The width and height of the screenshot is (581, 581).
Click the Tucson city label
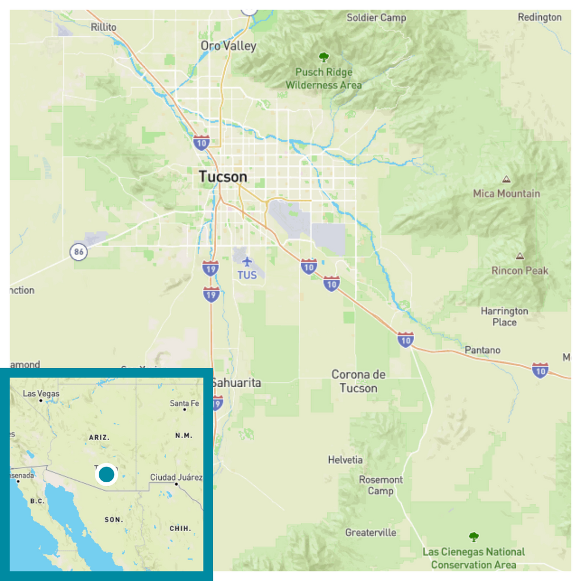[x=223, y=176]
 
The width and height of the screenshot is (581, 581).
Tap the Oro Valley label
[x=228, y=46]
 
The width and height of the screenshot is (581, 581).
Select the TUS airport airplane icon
[x=247, y=262]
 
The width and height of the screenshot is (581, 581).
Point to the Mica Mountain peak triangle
[x=506, y=179]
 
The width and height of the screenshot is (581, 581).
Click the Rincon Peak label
[x=520, y=270]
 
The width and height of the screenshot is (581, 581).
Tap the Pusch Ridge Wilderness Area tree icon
[x=323, y=57]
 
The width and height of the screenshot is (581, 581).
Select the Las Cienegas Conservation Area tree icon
[x=473, y=536]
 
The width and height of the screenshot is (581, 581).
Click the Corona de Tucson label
[x=358, y=381]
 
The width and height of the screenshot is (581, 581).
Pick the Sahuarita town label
[x=237, y=383]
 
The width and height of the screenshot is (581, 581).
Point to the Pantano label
[x=482, y=350]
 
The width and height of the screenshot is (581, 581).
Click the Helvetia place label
[x=345, y=460]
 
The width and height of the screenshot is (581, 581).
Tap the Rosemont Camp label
[x=381, y=485]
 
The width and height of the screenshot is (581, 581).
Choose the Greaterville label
[x=371, y=532]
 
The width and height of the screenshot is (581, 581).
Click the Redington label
[x=539, y=17]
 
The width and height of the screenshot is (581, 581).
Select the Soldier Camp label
[x=376, y=18]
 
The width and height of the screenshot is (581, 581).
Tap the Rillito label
[x=103, y=27]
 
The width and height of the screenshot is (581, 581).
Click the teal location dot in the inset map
[x=106, y=474]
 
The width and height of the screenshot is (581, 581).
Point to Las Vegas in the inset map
[x=41, y=394]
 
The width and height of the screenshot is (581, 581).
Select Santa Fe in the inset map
[x=184, y=403]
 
